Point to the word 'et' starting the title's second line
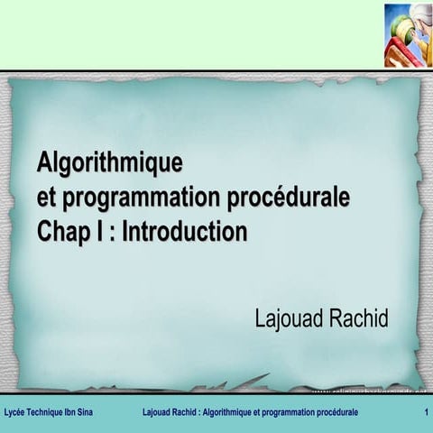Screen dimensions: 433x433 [46, 198]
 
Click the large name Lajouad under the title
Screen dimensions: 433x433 [291, 318]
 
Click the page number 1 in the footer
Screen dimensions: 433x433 [424, 412]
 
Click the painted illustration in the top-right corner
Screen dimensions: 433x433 [407, 35]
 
